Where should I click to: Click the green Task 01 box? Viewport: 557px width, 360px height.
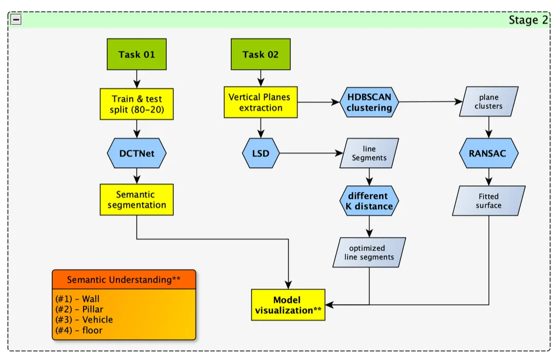136,55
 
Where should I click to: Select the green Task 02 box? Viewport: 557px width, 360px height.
261,55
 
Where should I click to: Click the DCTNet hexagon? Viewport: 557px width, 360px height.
136,153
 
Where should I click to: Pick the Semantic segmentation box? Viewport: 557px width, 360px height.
136,199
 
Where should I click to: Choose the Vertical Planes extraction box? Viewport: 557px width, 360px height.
261,102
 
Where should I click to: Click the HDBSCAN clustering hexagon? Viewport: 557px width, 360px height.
369,102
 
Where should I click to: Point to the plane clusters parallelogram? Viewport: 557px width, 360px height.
489,102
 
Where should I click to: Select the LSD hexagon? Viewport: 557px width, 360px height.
261,153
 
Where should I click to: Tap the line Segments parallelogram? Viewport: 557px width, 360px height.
369,153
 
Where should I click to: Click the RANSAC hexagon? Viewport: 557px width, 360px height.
489,153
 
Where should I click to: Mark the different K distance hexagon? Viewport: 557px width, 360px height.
369,201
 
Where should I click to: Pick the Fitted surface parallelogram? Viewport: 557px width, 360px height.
489,201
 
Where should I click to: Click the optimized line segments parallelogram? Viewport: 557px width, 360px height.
369,252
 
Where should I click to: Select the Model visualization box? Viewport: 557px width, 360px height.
288,305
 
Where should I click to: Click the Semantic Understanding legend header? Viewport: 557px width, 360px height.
124,279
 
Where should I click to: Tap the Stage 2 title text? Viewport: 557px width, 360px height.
528,20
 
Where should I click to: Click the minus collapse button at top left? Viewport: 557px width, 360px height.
16,19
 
